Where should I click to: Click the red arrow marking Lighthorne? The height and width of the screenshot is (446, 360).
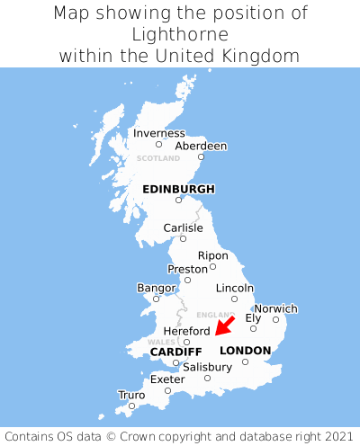tap(225, 325)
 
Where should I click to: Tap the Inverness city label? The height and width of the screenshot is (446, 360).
tap(158, 133)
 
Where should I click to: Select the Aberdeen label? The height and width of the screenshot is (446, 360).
tap(201, 146)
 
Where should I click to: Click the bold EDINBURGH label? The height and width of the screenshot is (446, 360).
tap(178, 189)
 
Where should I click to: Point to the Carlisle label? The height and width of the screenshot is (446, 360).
tap(183, 227)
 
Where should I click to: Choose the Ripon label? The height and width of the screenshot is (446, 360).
tap(212, 255)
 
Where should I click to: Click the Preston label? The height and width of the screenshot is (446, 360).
tap(187, 269)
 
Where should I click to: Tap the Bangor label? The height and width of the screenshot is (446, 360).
tap(156, 288)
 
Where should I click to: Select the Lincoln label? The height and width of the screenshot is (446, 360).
tap(235, 288)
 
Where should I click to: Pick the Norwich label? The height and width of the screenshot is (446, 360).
tap(275, 308)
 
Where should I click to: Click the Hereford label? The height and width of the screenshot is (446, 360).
tap(186, 331)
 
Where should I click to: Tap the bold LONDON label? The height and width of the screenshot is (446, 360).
tap(245, 351)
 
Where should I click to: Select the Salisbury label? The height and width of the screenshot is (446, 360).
tap(207, 367)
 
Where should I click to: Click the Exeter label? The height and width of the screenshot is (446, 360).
tap(167, 379)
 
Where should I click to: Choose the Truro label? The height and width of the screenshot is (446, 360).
tap(131, 395)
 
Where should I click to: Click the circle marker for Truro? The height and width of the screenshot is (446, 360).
tap(131, 406)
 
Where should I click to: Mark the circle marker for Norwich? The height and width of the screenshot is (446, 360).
tap(275, 319)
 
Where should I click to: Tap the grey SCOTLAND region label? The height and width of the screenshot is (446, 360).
tap(158, 158)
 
